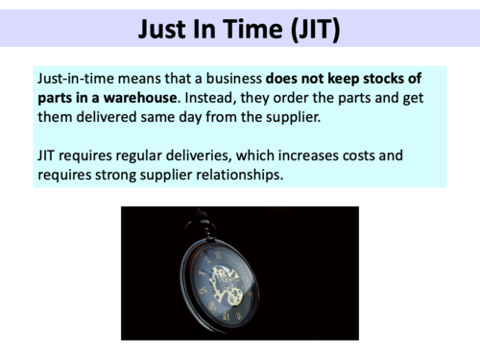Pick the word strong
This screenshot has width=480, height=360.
(125, 175)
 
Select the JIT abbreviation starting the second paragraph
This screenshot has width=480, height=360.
(48, 156)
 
